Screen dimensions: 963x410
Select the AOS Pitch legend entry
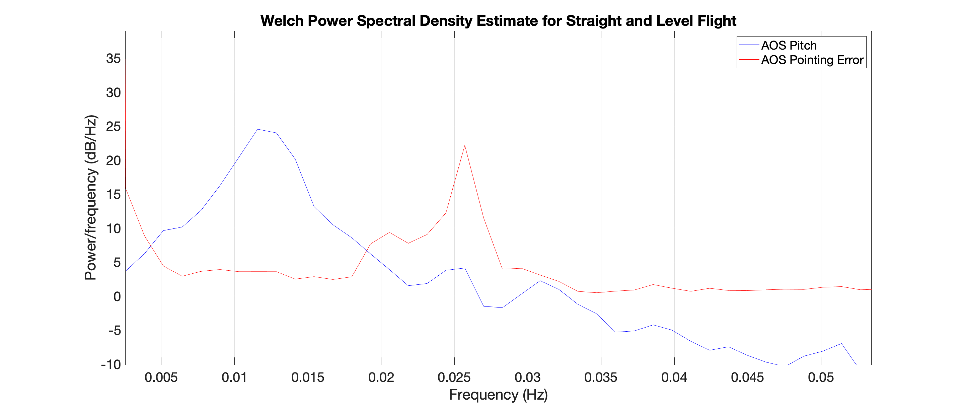777,45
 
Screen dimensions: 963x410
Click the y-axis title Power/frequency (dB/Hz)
90,198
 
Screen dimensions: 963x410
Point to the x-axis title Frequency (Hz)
498,395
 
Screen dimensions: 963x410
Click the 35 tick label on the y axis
113,58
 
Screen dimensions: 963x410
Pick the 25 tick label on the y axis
113,126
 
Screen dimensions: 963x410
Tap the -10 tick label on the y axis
111,364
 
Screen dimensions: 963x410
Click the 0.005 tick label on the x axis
161,378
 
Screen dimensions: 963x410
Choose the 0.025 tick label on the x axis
454,378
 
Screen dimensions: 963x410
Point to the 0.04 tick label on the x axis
674,378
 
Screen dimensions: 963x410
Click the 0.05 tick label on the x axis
821,378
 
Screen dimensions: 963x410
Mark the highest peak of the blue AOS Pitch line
257,129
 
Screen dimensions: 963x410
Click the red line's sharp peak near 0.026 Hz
465,145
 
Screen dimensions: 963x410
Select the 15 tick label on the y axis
113,195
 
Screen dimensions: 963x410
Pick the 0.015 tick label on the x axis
308,378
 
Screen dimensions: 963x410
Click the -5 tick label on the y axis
115,331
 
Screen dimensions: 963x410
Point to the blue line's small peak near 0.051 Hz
841,343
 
